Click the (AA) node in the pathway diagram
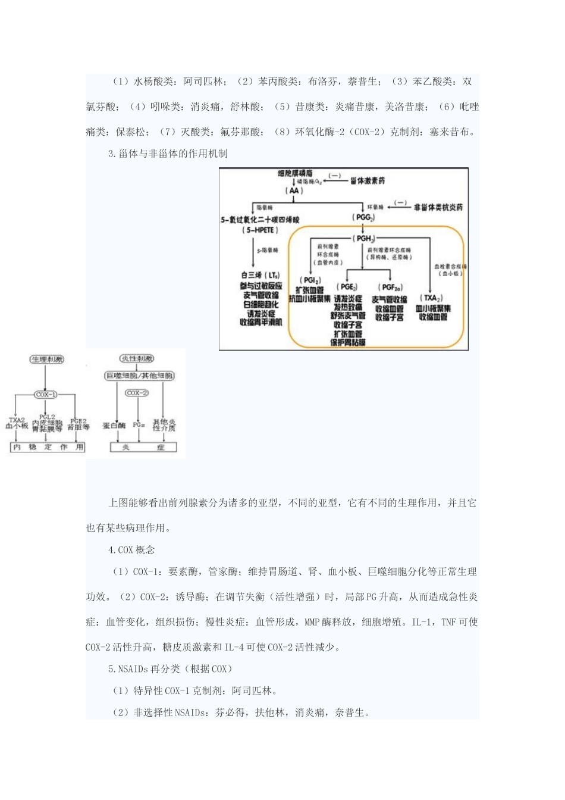pos(294,190)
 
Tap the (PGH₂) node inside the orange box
pos(364,238)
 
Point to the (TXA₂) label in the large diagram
pos(431,298)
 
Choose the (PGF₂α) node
pos(390,287)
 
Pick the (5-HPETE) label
pos(260,230)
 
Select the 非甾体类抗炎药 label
pos(438,207)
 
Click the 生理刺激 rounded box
pos(47,360)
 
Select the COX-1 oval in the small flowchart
pos(46,394)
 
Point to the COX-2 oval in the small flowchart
pos(137,393)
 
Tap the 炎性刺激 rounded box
pos(137,358)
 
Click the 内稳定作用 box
pos(48,447)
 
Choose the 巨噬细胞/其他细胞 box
pos(140,376)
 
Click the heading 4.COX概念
pos(131,550)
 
